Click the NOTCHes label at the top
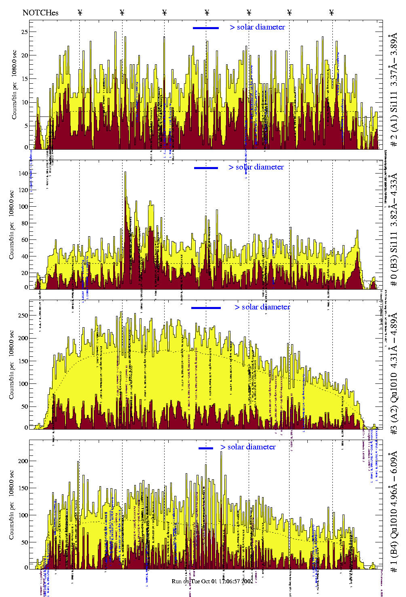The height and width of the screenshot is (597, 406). [40, 13]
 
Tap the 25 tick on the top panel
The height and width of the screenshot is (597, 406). [24, 32]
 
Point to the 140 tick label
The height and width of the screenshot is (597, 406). [23, 174]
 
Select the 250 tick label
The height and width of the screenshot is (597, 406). [23, 315]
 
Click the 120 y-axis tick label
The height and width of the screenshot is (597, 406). [23, 190]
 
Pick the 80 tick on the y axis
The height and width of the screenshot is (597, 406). [24, 223]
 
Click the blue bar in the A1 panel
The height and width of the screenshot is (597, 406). [206, 28]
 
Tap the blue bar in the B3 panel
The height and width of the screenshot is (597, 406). [206, 168]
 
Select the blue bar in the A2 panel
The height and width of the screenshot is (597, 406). [206, 308]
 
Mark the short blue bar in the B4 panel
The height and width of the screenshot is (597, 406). [206, 448]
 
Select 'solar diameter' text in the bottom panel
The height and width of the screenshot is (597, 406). [252, 447]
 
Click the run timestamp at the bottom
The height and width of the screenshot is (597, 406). [212, 581]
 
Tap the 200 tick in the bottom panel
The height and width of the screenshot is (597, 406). [23, 461]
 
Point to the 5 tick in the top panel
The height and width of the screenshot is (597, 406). [26, 126]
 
